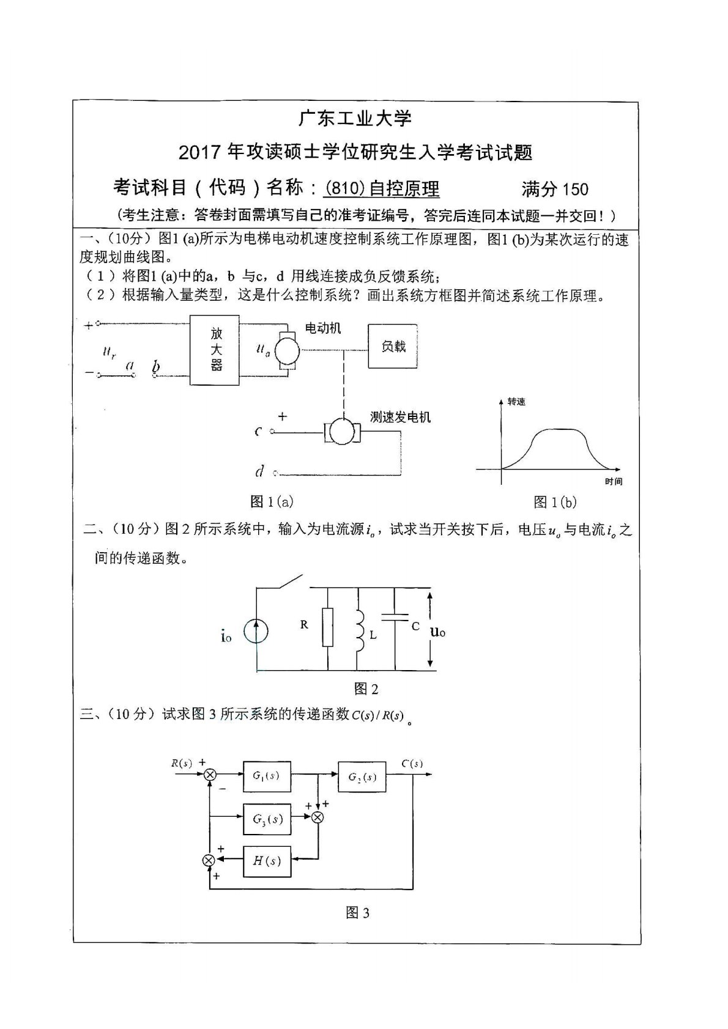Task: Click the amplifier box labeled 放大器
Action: [214, 350]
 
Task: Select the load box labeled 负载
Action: [393, 346]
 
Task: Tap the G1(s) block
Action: [267, 776]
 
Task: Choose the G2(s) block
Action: [362, 776]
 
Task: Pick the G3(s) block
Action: [267, 818]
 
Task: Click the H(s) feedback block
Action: [267, 861]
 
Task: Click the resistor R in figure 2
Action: [328, 627]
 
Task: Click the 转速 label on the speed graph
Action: [516, 402]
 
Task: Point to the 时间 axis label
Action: [613, 482]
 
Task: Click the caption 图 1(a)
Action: [272, 502]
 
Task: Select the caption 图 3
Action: [358, 913]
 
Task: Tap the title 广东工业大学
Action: [356, 118]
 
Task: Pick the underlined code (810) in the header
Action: [344, 189]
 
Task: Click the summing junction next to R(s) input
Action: [210, 775]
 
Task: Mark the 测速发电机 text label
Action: [400, 417]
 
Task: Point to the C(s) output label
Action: [412, 764]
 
